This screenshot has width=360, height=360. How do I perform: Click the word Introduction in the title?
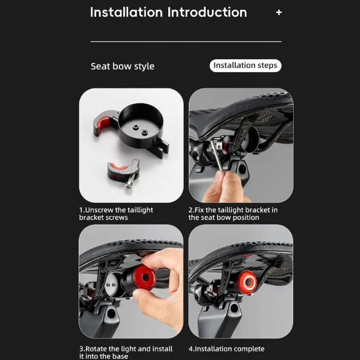[207, 12]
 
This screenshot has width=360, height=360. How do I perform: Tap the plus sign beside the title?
[279, 12]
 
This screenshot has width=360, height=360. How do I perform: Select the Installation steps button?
[245, 66]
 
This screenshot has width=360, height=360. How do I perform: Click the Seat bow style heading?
[122, 66]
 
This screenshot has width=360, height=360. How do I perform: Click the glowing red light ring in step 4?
[247, 282]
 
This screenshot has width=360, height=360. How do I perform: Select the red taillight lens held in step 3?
[144, 278]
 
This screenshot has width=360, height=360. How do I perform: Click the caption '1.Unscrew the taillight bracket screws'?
[116, 214]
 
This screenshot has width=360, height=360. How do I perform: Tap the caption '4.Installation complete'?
[227, 349]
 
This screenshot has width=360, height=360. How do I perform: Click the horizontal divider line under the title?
[186, 42]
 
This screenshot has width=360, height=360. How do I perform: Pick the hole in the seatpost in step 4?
[235, 307]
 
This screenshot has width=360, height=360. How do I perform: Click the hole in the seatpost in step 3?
[112, 313]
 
